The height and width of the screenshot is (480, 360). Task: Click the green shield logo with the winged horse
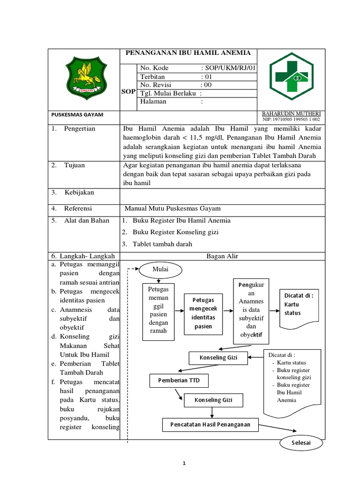click(84, 78)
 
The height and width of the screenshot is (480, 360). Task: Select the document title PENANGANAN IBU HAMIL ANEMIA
click(188, 53)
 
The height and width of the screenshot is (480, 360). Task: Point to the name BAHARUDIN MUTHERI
click(291, 114)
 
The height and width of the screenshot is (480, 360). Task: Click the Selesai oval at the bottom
click(301, 442)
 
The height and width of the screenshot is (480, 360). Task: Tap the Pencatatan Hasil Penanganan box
click(210, 425)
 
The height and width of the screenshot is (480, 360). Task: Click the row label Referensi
click(78, 208)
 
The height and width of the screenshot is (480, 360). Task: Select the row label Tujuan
click(75, 165)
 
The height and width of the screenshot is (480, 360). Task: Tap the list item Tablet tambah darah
click(162, 244)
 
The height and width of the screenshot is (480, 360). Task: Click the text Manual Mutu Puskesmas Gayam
click(172, 208)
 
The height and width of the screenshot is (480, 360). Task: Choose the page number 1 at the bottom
click(185, 464)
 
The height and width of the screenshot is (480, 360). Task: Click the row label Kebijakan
click(79, 192)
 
